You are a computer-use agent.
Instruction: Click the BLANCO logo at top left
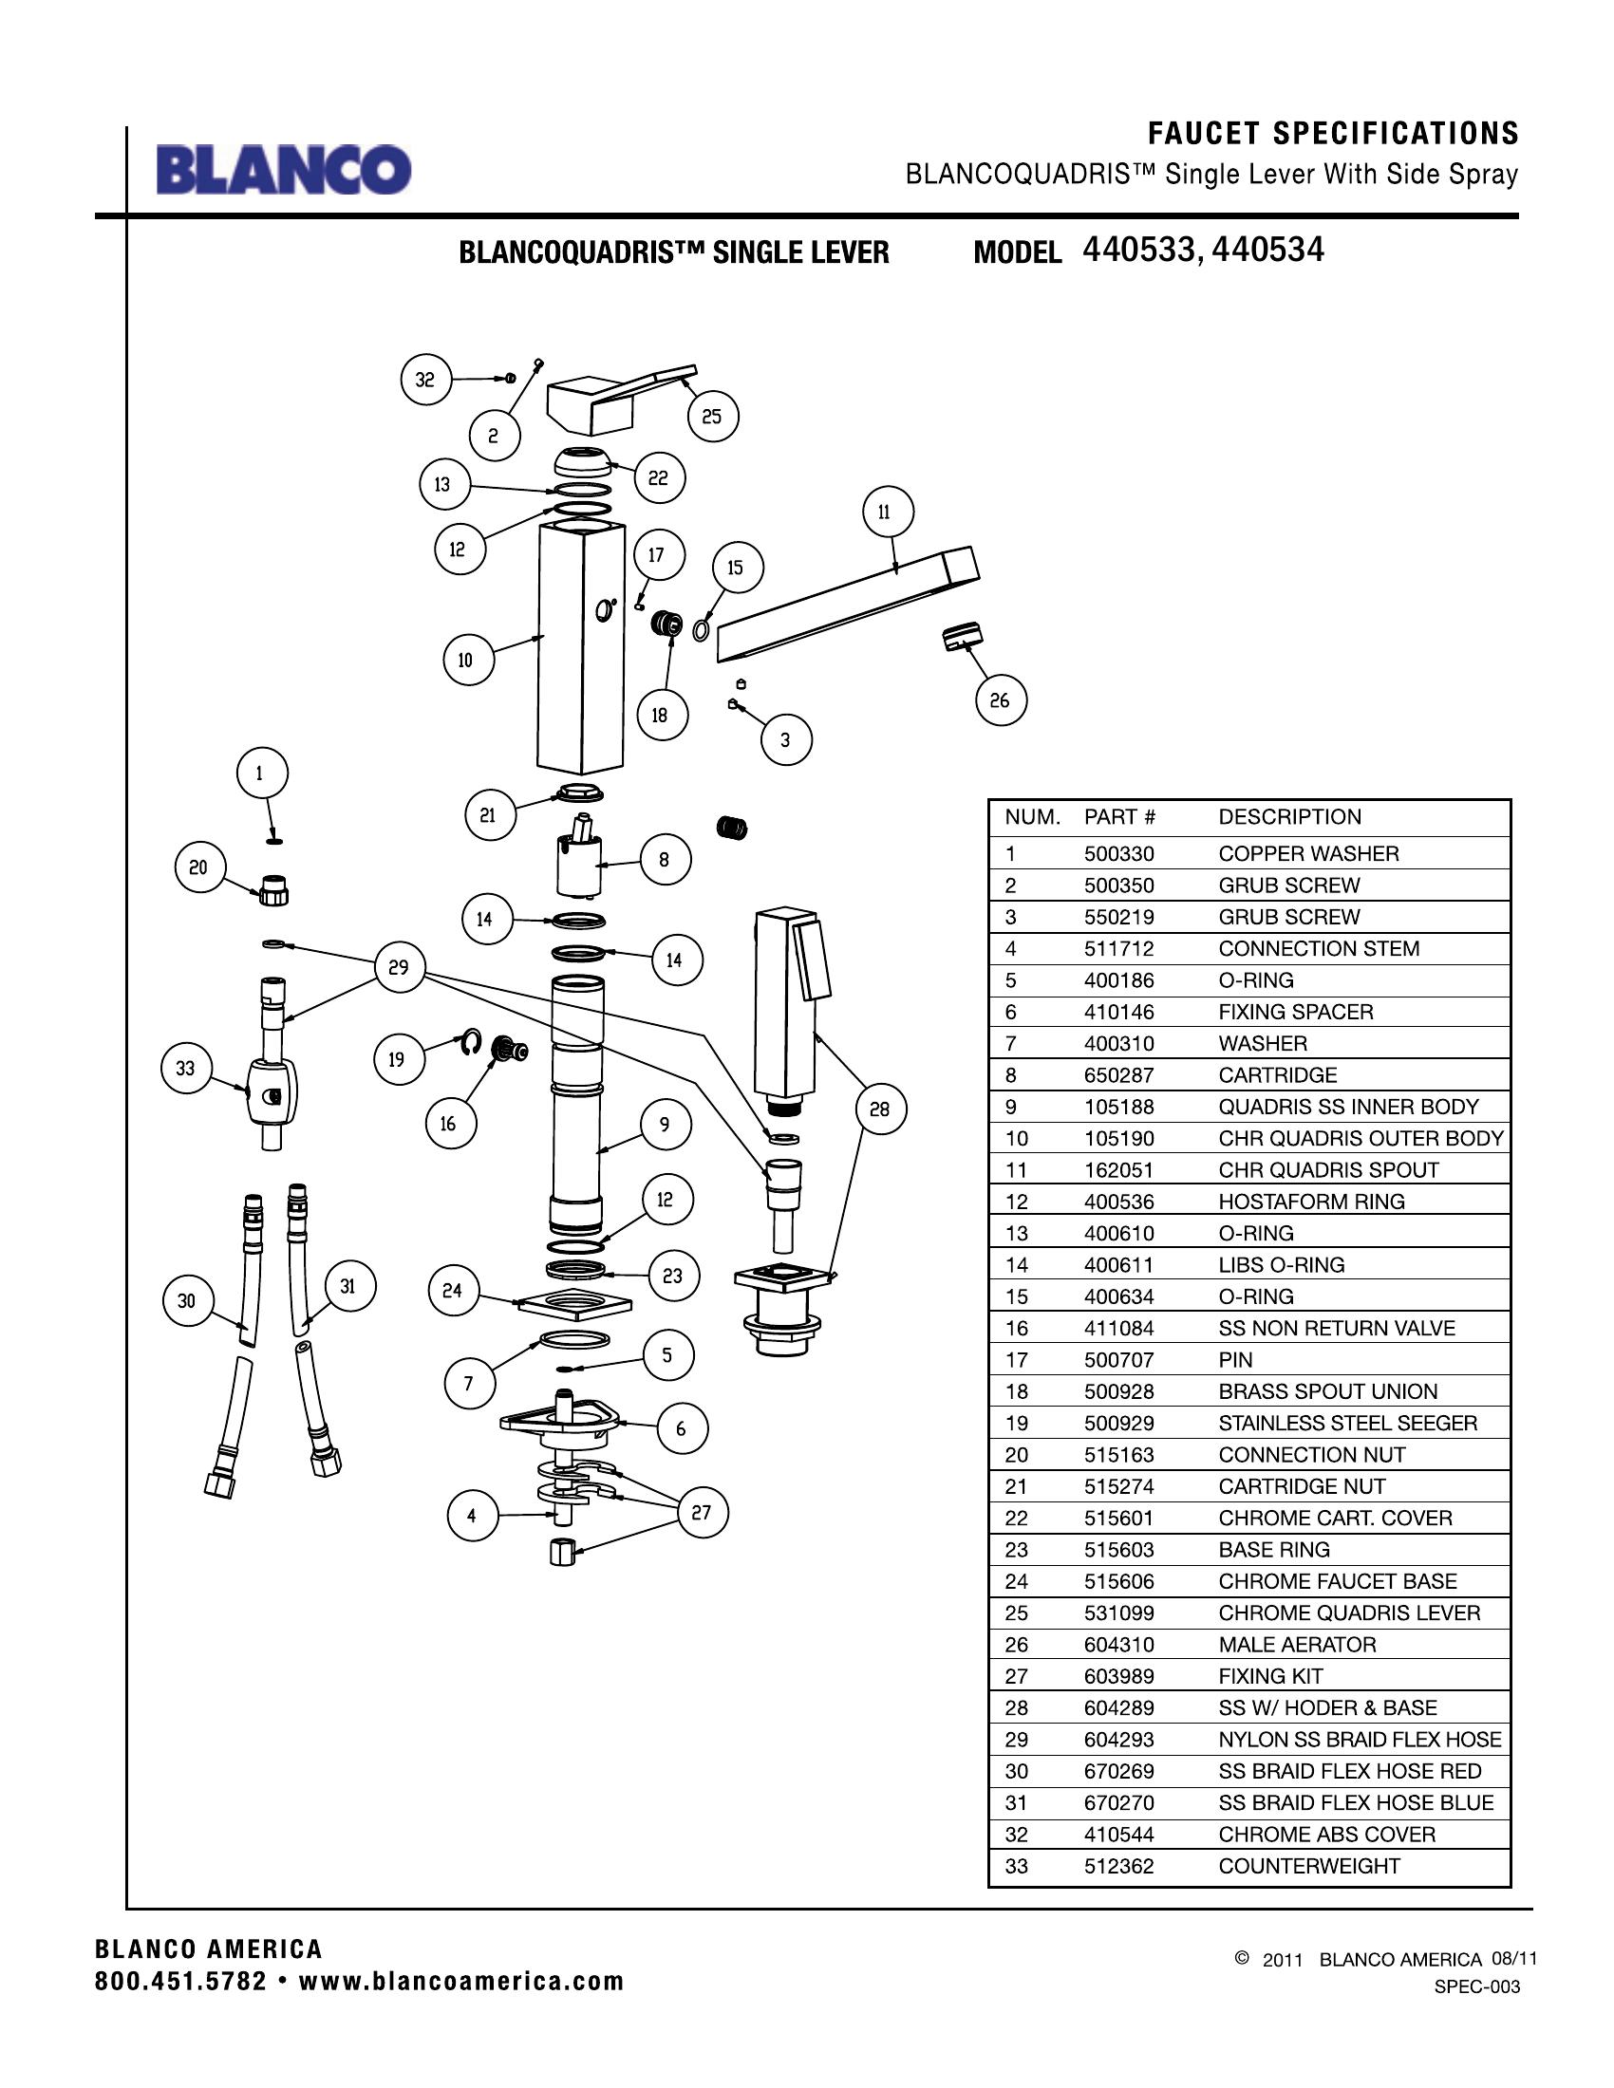(x=284, y=170)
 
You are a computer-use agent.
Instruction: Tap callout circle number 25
(x=711, y=416)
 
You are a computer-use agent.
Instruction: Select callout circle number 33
(x=185, y=1068)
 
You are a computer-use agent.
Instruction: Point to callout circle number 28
(x=880, y=1109)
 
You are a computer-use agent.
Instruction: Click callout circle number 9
(x=664, y=1125)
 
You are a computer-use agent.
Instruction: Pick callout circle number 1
(x=259, y=773)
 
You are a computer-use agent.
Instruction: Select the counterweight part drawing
(x=272, y=1092)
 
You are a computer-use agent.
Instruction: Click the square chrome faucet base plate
(x=574, y=1303)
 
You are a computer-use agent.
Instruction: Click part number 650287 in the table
(x=1118, y=1074)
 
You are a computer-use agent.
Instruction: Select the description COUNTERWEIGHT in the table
(x=1308, y=1865)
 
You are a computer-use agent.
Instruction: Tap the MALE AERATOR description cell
(x=1297, y=1645)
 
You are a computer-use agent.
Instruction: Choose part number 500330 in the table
(x=1118, y=854)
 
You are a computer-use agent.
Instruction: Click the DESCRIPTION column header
(x=1289, y=816)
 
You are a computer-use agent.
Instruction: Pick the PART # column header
(x=1119, y=816)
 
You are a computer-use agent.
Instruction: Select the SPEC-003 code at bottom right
(x=1476, y=1986)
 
